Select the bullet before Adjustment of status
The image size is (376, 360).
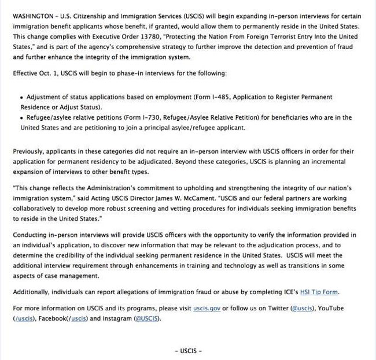click(x=22, y=97)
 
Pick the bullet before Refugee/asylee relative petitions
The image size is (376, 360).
click(x=22, y=117)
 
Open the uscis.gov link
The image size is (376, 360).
click(x=207, y=308)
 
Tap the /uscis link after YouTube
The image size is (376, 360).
click(x=24, y=318)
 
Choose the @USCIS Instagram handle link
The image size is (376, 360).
click(x=147, y=318)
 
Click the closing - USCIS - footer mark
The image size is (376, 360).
click(x=188, y=351)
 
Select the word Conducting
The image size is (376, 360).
click(x=31, y=235)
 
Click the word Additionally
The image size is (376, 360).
click(x=34, y=292)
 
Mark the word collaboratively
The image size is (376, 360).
click(x=36, y=209)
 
